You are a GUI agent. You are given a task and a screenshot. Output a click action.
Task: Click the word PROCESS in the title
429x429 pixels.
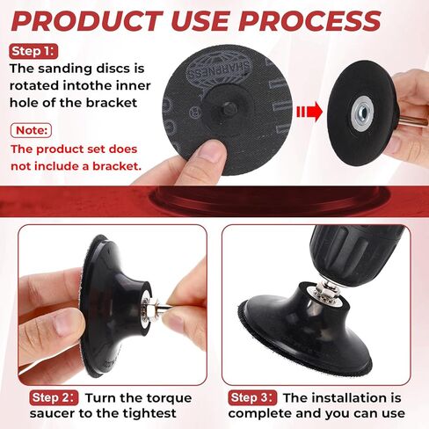(x=310, y=21)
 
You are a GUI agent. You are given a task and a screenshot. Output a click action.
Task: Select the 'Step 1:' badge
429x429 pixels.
(x=33, y=51)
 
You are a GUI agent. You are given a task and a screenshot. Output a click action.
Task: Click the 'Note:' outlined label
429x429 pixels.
(x=31, y=130)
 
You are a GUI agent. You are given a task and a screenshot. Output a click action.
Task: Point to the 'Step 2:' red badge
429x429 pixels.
(x=54, y=397)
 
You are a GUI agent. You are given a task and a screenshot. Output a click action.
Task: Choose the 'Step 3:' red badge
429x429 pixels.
(x=252, y=397)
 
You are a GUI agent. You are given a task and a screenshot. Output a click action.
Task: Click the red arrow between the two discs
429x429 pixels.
(x=309, y=112)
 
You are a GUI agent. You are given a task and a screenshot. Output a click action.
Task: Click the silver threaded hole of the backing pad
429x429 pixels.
(x=361, y=113)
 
